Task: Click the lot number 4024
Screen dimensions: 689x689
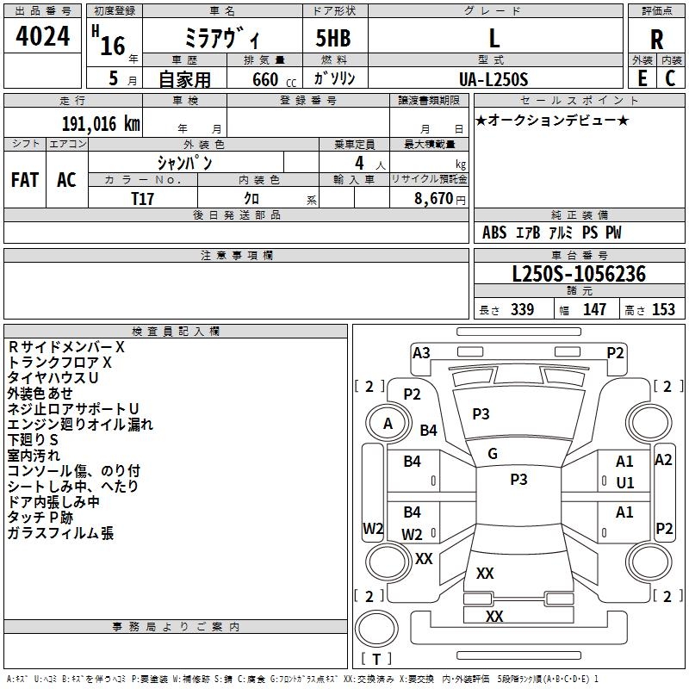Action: pyautogui.click(x=42, y=36)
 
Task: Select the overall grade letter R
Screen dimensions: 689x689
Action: pyautogui.click(x=656, y=40)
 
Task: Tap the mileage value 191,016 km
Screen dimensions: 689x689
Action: pyautogui.click(x=101, y=124)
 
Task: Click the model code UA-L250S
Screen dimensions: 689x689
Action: pyautogui.click(x=493, y=79)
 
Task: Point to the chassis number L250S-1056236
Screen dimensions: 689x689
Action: pyautogui.click(x=579, y=274)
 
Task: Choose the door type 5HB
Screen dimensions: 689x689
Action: pyautogui.click(x=333, y=38)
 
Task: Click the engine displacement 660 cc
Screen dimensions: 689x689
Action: pyautogui.click(x=274, y=80)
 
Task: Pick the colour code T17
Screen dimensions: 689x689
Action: pyautogui.click(x=142, y=199)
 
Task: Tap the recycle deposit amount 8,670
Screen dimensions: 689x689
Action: pyautogui.click(x=433, y=199)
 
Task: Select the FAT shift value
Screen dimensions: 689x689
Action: pyautogui.click(x=25, y=180)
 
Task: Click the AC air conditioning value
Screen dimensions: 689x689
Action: pyautogui.click(x=66, y=180)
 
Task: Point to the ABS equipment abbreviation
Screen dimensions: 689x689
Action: pyautogui.click(x=494, y=233)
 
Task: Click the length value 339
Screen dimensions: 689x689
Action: pyautogui.click(x=522, y=309)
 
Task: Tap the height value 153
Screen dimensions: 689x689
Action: pyautogui.click(x=663, y=309)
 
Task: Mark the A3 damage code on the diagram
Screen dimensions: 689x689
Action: pyautogui.click(x=421, y=353)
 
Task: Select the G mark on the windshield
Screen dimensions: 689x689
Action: pyautogui.click(x=493, y=454)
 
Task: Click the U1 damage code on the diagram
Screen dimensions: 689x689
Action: pyautogui.click(x=625, y=483)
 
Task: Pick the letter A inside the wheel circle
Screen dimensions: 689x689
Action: pyautogui.click(x=388, y=424)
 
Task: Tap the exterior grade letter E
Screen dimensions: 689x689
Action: pyautogui.click(x=642, y=78)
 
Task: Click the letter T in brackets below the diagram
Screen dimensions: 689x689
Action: pyautogui.click(x=376, y=659)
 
